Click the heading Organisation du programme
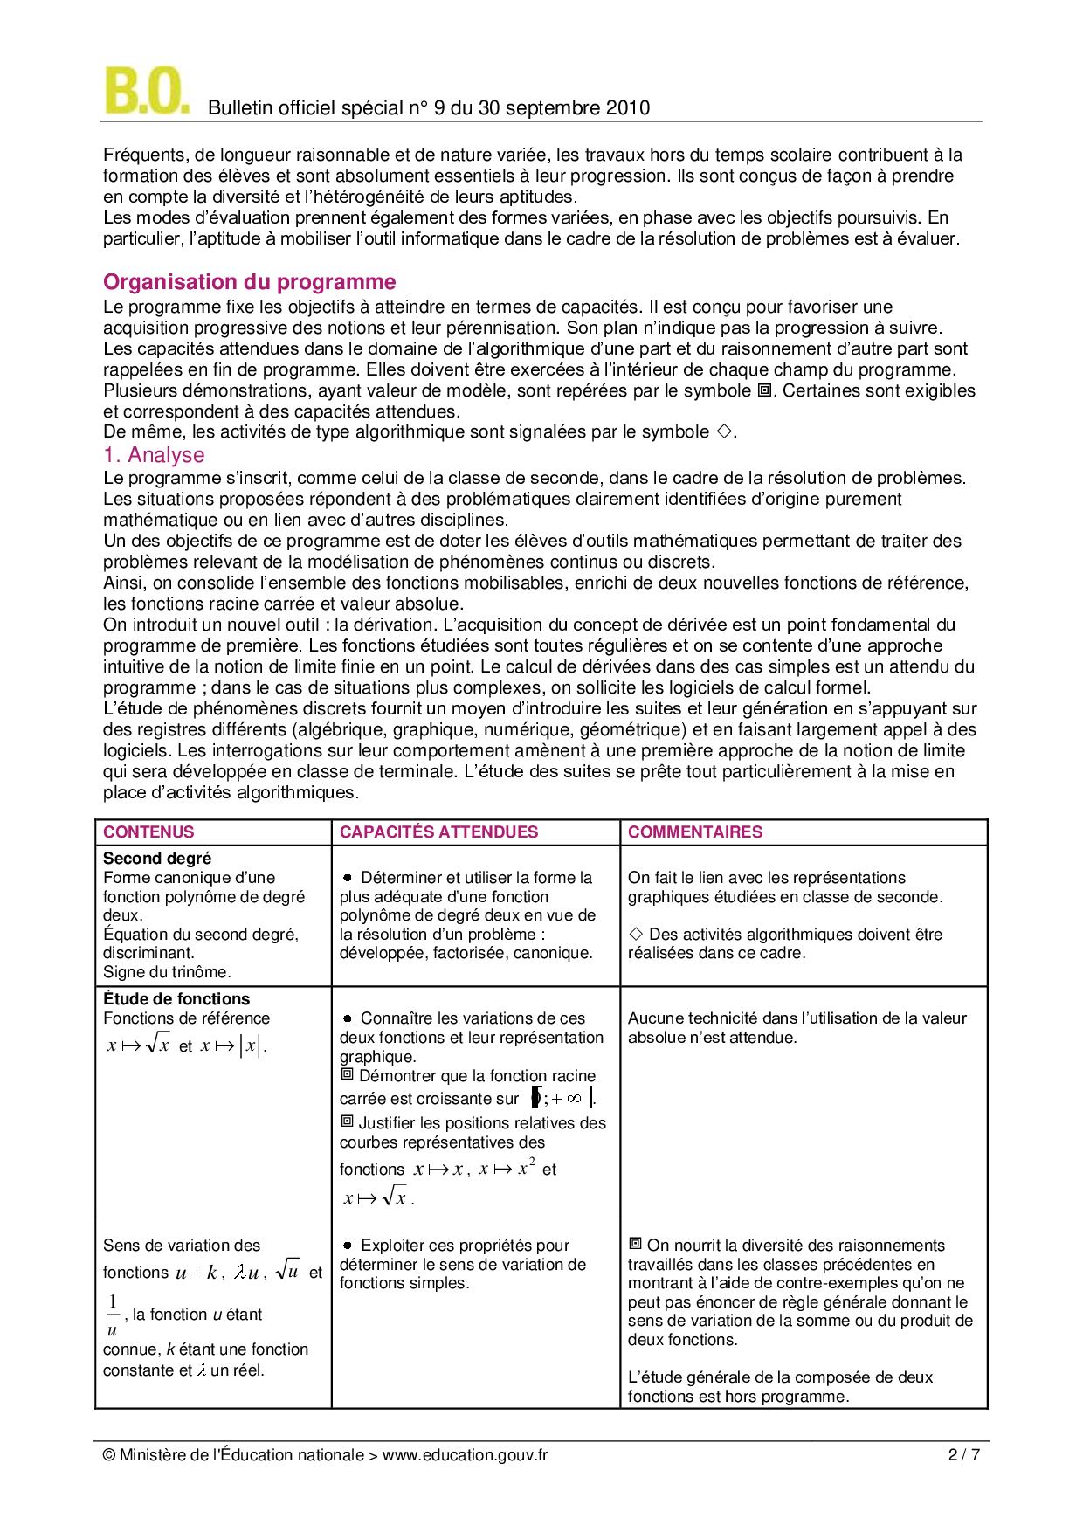tap(249, 282)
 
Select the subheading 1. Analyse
tap(154, 455)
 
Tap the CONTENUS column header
tap(148, 832)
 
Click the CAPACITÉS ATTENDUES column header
tap(438, 832)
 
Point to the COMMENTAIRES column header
tap(694, 832)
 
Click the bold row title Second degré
tap(157, 859)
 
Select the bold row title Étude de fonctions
tap(176, 999)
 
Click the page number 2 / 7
tap(963, 1455)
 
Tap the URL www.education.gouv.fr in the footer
tap(465, 1455)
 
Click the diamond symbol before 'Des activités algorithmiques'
tap(636, 935)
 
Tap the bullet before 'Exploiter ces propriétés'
tap(347, 1246)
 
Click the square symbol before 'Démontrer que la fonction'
tap(347, 1075)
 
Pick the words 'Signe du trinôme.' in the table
tap(167, 971)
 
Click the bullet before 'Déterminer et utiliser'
tap(347, 878)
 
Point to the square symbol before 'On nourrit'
tap(635, 1244)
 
